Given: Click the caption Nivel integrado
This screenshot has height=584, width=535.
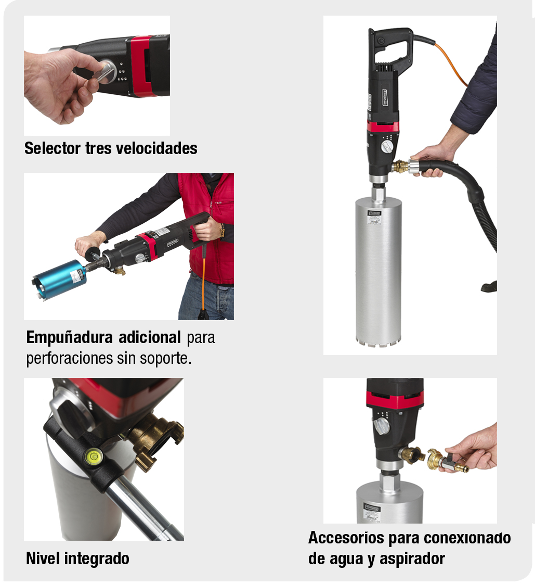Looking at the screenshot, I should pos(77,558).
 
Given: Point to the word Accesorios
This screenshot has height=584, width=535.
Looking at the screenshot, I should pos(345,537).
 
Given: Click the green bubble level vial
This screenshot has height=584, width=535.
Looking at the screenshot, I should pos(93,456).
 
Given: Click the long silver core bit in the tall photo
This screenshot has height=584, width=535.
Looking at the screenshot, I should pos(378,271).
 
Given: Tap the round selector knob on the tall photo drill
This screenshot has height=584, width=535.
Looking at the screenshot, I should pos(386,147).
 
